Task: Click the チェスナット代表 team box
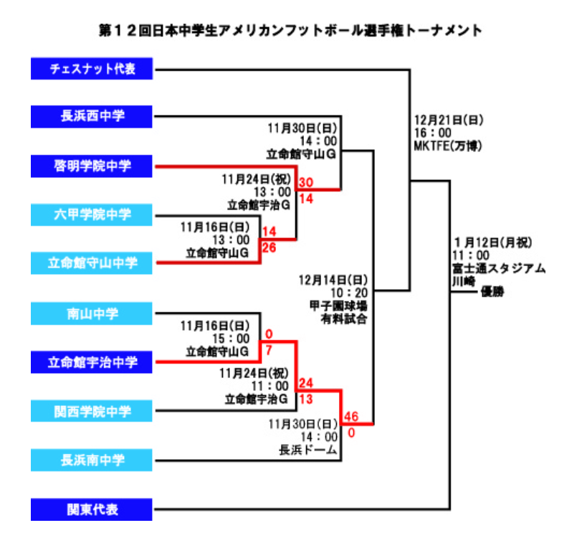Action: (x=92, y=70)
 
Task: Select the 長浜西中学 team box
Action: (x=92, y=117)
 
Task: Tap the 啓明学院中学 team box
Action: (x=92, y=166)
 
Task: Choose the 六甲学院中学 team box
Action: (x=92, y=214)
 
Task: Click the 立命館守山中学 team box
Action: (x=92, y=263)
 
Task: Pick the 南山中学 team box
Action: (x=92, y=313)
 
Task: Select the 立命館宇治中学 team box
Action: (x=92, y=362)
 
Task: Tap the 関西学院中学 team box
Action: (x=92, y=410)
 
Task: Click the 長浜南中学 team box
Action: (x=92, y=460)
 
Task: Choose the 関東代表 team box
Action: (x=92, y=510)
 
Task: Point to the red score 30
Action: (x=306, y=183)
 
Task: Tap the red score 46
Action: (x=351, y=417)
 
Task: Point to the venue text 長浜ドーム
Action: (x=308, y=451)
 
